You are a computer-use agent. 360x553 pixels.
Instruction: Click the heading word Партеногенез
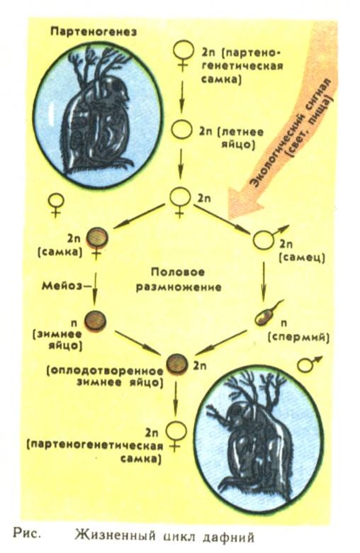[x=94, y=31]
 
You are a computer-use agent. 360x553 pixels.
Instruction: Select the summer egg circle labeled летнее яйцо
[x=181, y=130]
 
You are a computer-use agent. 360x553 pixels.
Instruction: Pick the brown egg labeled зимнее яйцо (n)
[x=95, y=320]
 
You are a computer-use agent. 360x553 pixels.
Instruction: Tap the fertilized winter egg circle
[x=176, y=364]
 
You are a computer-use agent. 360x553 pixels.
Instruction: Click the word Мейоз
[x=62, y=286]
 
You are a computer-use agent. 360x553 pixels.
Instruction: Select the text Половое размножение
[x=179, y=280]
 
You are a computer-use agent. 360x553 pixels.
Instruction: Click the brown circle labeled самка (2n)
[x=96, y=237]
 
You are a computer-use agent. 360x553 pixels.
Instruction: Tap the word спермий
[x=298, y=337]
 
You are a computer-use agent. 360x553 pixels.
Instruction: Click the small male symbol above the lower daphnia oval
[x=308, y=364]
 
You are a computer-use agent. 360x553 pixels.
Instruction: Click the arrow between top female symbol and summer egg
[x=182, y=94]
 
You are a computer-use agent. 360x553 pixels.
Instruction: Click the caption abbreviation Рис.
[x=26, y=532]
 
